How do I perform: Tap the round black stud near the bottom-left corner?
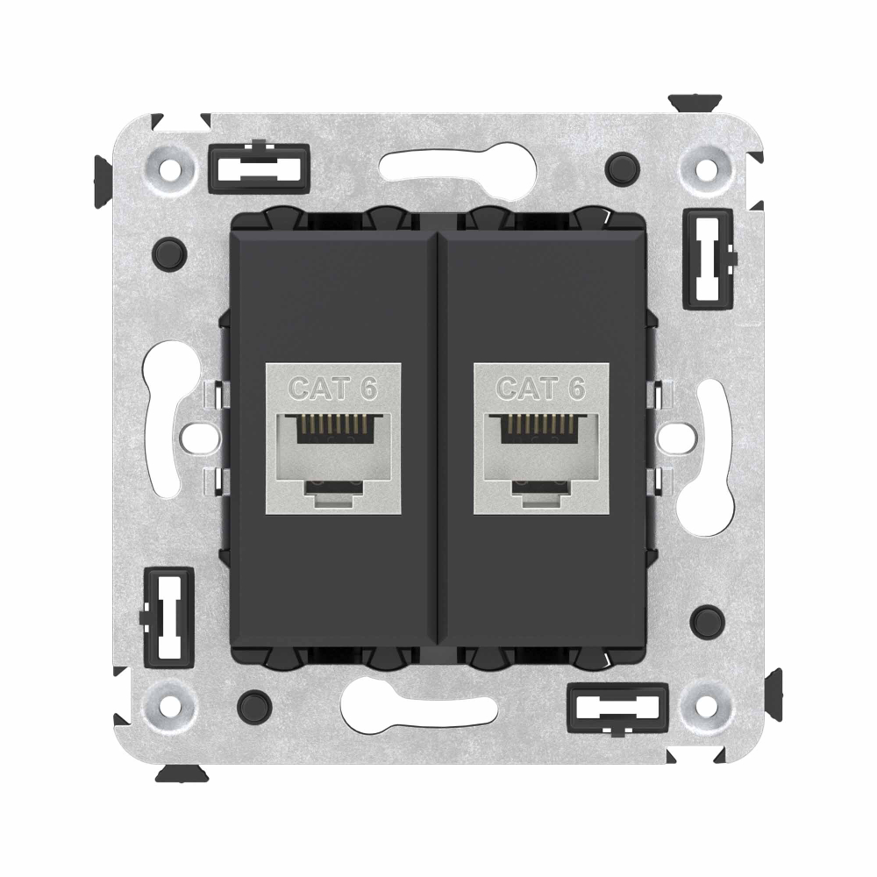253,702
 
